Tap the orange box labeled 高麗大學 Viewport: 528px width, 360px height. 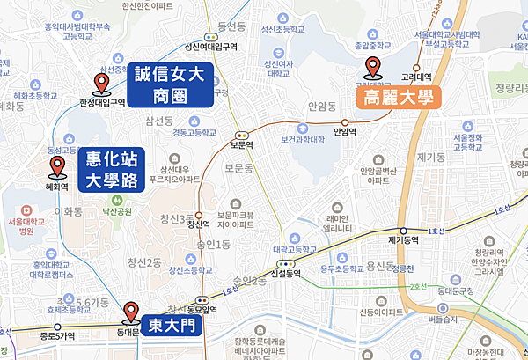click(x=398, y=98)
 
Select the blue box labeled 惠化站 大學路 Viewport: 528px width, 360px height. click(x=111, y=170)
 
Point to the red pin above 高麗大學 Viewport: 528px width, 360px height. click(x=372, y=67)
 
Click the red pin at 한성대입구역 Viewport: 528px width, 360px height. click(x=101, y=84)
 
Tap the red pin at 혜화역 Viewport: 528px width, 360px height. click(x=57, y=167)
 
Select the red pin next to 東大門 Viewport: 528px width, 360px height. click(x=131, y=312)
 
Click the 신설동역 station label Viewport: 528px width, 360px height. click(x=288, y=274)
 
